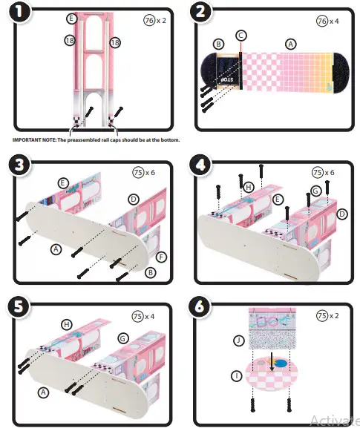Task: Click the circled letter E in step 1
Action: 71,17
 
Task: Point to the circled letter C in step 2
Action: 240,36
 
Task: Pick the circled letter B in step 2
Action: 219,45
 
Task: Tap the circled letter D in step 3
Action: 134,199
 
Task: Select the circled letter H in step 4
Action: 249,187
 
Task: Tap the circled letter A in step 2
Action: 291,44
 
